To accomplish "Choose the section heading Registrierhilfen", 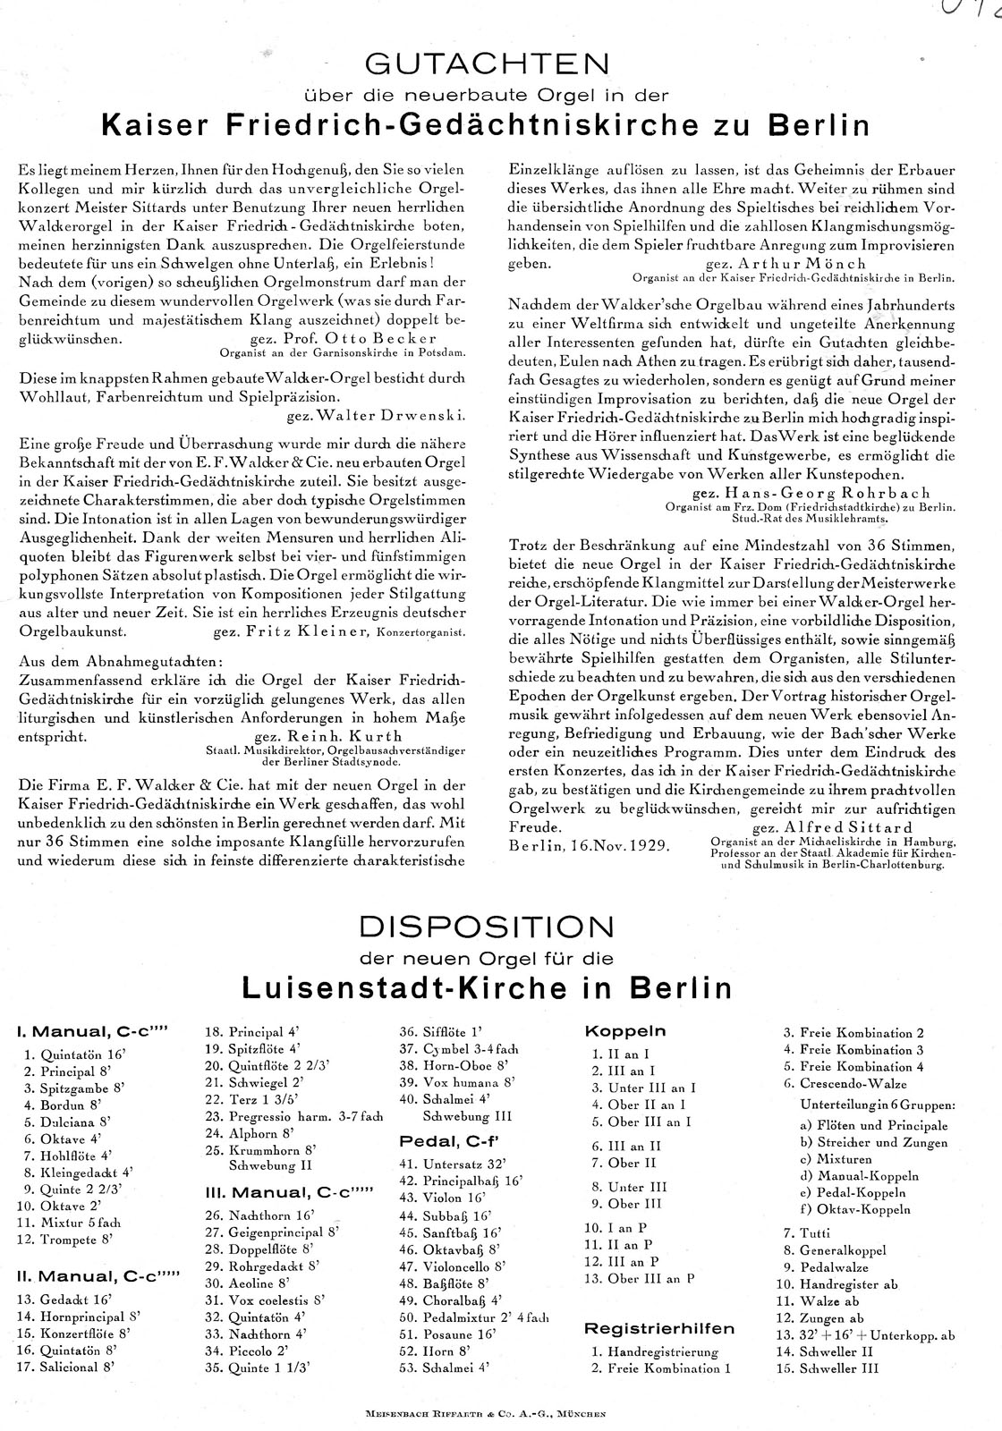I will [659, 1328].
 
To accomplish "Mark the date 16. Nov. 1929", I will [590, 844].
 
